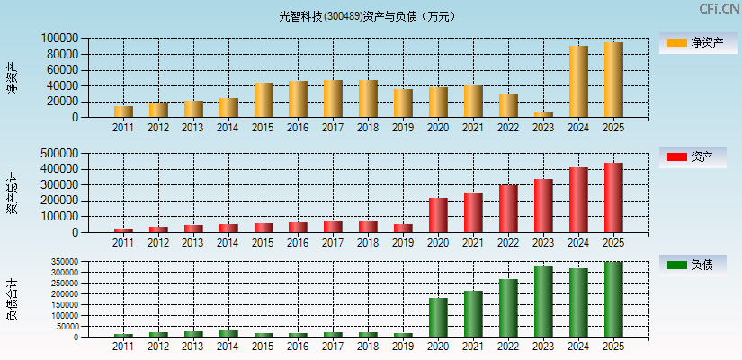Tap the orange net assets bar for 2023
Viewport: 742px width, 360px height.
pos(543,114)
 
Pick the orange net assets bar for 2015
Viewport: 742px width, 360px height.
pos(264,100)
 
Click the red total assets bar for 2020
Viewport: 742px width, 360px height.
pos(438,215)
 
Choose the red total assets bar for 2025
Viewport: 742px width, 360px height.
pos(613,198)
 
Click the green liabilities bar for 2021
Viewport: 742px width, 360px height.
pos(473,314)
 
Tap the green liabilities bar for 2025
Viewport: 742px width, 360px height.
pos(613,300)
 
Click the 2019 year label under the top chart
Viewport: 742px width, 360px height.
pos(403,128)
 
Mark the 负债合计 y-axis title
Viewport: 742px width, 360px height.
pos(12,300)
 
